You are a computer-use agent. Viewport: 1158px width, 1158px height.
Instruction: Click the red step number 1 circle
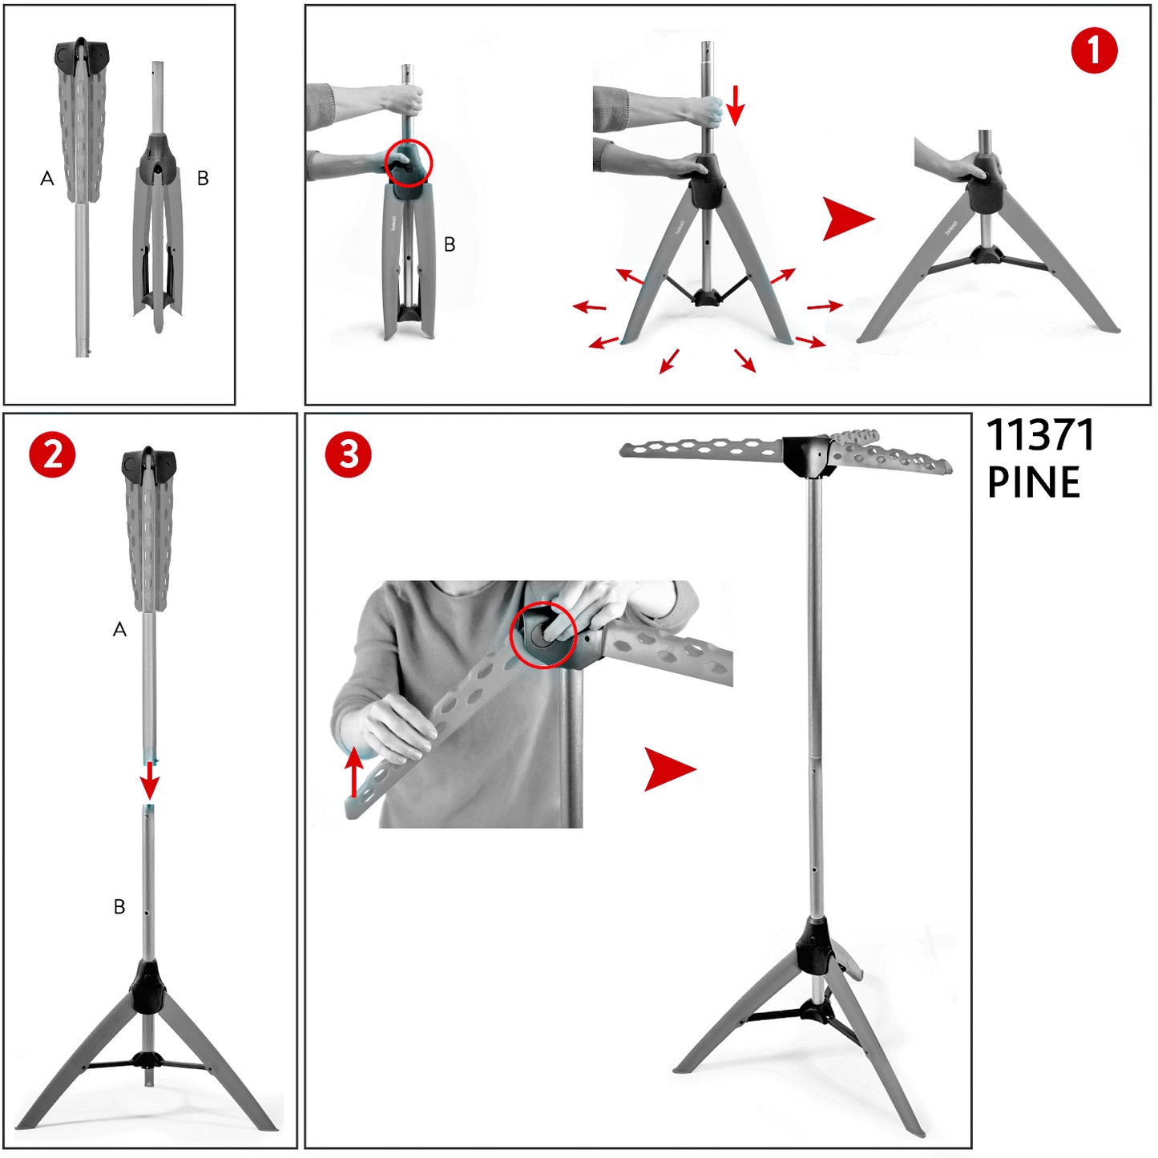[x=1095, y=51]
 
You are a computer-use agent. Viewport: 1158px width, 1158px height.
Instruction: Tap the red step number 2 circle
[x=53, y=455]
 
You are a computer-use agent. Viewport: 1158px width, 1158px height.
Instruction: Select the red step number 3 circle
[x=349, y=455]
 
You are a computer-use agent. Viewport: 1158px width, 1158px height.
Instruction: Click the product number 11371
[x=1041, y=435]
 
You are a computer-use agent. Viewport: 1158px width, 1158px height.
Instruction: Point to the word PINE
[x=1034, y=482]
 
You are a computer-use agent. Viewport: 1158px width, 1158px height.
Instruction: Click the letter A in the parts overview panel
[x=46, y=178]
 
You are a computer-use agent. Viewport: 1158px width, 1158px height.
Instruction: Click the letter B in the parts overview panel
[x=203, y=178]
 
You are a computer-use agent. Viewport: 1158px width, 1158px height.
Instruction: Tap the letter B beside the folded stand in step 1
[x=450, y=244]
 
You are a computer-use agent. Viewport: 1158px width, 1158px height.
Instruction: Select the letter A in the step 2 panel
[x=119, y=629]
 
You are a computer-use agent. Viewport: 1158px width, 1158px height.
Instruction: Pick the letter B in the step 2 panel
[x=119, y=907]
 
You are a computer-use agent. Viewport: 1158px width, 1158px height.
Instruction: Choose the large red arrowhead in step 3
[x=668, y=769]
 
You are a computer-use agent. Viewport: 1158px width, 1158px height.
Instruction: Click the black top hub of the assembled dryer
[x=809, y=457]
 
